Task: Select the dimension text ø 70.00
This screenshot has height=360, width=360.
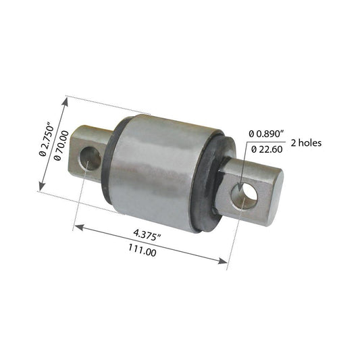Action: point(61,145)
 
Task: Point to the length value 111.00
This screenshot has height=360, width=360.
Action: point(143,250)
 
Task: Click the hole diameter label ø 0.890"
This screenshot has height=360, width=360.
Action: point(267,134)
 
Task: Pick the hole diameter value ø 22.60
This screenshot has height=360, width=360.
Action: point(267,149)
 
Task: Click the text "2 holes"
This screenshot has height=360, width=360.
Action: point(306,143)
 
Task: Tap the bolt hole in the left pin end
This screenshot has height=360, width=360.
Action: point(91,159)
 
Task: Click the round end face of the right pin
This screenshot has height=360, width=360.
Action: point(276,197)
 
